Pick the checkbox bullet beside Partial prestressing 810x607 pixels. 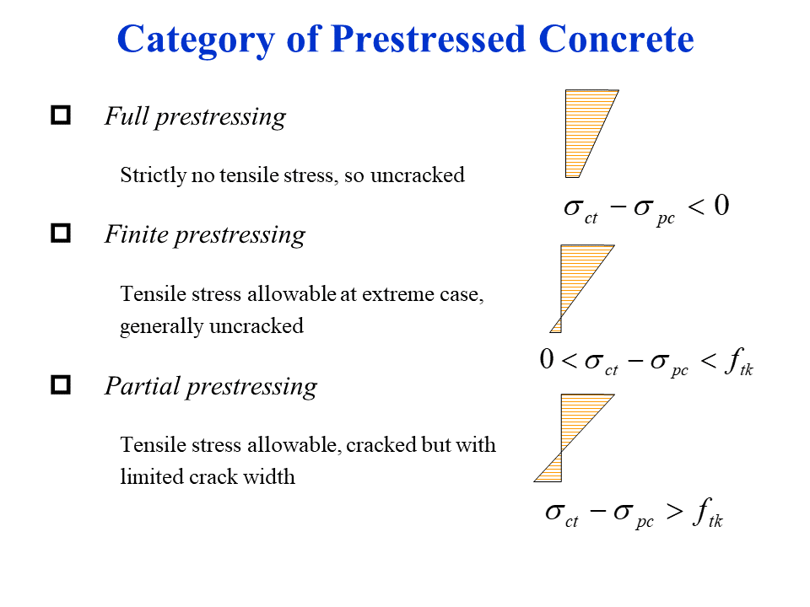(x=61, y=385)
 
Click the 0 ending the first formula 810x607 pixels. (x=720, y=206)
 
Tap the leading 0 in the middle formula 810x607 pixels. (x=547, y=361)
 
